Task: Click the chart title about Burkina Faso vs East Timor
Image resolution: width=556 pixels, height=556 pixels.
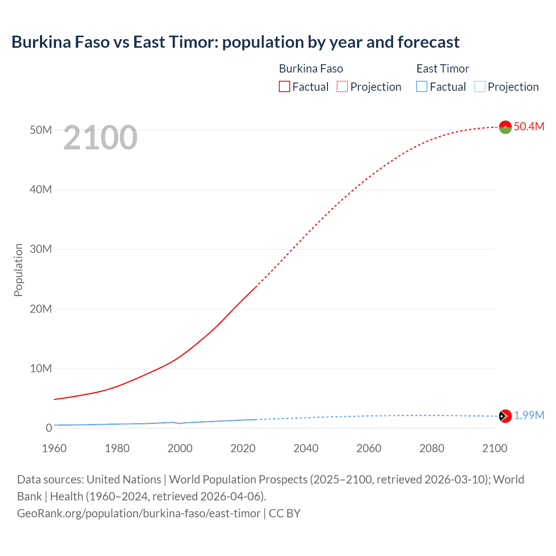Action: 235,42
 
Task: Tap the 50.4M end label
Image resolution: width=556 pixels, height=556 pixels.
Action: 529,126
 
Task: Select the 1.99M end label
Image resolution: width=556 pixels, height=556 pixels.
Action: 529,416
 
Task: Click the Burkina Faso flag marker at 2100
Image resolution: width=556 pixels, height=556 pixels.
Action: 505,127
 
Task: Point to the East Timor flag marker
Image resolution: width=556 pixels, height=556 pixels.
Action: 505,416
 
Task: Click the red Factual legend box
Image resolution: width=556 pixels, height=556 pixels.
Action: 285,86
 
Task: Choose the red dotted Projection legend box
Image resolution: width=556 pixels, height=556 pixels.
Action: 342,86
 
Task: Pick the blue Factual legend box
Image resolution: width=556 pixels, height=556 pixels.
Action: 422,86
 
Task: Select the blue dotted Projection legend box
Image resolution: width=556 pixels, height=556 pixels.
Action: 480,86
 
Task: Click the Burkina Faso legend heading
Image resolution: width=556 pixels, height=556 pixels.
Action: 311,69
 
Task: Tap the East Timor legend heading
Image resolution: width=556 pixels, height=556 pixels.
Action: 443,69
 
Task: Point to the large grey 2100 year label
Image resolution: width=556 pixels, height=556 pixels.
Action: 100,138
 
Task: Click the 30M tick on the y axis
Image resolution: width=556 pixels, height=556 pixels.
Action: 41,249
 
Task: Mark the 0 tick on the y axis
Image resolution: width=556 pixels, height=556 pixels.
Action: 49,428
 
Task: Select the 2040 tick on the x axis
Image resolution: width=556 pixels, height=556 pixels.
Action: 306,448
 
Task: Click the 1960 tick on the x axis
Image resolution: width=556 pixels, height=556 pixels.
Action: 54,448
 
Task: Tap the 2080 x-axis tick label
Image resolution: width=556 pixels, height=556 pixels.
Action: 432,448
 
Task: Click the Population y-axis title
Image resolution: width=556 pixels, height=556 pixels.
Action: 18,270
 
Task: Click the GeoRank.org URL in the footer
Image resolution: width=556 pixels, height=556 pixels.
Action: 139,513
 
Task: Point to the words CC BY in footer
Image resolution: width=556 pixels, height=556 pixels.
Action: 285,513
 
